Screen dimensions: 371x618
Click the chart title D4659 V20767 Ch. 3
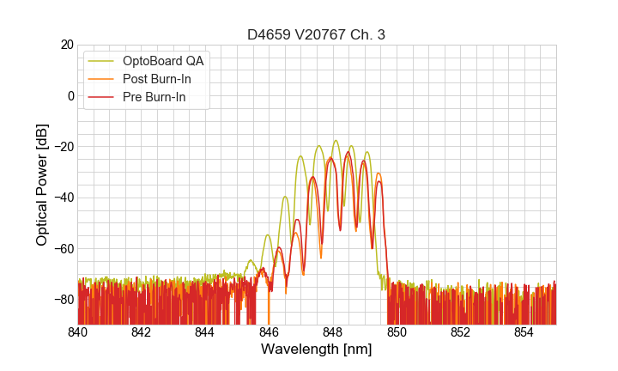317,35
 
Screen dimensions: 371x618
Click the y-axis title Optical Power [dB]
42,184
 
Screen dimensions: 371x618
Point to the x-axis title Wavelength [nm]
317,350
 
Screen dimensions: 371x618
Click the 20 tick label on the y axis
67,45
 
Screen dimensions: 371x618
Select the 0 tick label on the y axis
70,95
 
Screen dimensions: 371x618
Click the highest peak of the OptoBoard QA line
336,141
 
